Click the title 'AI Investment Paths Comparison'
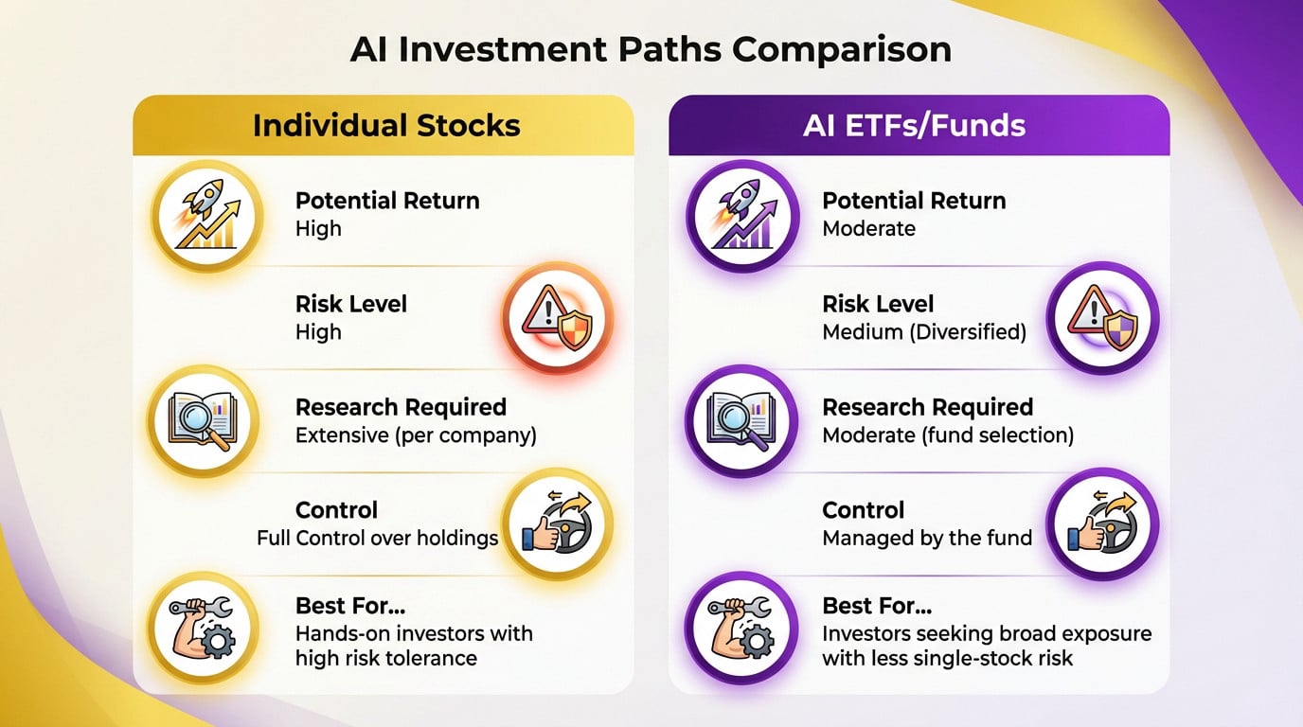coord(651,49)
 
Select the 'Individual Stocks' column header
coord(386,126)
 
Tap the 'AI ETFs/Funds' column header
coord(914,126)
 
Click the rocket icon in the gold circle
coord(205,215)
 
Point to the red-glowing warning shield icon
coord(558,318)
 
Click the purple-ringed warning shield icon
coord(1102,318)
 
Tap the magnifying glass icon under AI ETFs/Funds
coord(741,420)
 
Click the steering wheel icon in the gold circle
coord(558,523)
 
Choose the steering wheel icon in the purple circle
coord(1102,523)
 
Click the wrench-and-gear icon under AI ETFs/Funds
coord(741,628)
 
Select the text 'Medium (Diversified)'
coord(924,332)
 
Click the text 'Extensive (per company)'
coord(416,435)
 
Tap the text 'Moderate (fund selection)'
coord(948,435)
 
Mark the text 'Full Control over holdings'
coord(377,538)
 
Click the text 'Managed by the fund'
coord(927,538)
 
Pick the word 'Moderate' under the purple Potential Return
coord(868,229)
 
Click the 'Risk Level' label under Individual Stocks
coord(351,304)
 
